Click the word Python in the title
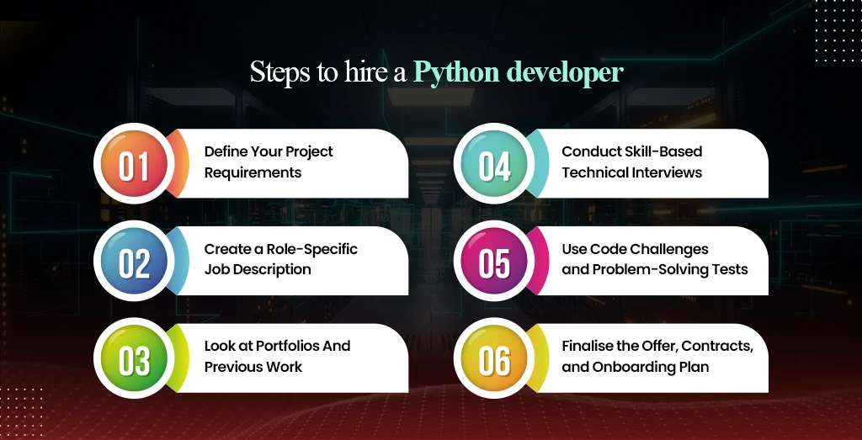tap(457, 73)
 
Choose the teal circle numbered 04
tap(494, 165)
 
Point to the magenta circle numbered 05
tap(494, 262)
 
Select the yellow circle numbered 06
tap(494, 360)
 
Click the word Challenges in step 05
tap(665, 249)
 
